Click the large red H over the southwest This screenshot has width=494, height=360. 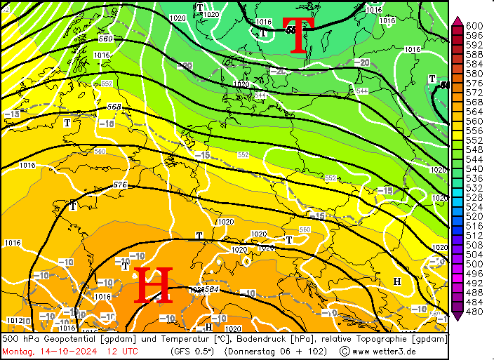153,286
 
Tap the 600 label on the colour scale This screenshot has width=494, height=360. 474,26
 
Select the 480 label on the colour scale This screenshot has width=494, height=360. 474,312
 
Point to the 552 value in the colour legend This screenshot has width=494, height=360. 474,140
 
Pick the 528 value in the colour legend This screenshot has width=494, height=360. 474,198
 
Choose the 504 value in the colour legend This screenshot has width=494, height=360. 474,255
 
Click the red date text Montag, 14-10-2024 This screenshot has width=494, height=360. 48,351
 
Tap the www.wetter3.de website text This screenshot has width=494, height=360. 385,351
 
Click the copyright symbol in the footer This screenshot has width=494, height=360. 345,351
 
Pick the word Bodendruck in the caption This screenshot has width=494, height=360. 241,339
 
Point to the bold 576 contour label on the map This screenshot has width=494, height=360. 120,185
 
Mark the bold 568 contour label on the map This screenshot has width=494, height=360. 114,107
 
